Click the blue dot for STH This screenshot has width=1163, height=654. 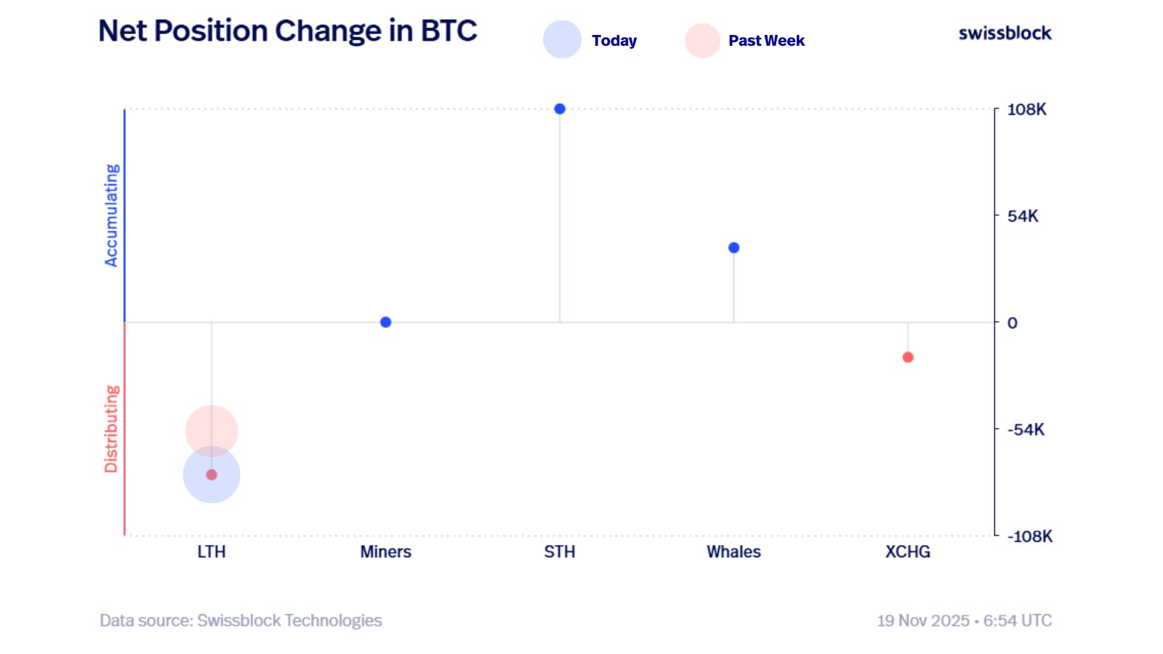560,109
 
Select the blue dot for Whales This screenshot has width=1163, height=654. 733,248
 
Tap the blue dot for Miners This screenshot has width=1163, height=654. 385,322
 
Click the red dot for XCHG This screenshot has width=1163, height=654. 908,357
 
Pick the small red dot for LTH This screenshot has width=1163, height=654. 212,475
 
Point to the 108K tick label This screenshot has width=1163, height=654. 1026,110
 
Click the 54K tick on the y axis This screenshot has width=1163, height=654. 1023,216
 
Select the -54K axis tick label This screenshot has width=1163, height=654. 1026,429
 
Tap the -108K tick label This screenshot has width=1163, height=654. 1029,536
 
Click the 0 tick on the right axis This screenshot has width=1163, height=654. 1012,323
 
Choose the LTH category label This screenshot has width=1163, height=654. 212,552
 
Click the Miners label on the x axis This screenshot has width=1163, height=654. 385,552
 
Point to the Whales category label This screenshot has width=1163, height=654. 733,552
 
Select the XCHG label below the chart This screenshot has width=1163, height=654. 907,552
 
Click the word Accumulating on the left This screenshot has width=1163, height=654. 111,215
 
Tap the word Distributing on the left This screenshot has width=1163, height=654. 111,429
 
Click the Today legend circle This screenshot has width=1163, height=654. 562,39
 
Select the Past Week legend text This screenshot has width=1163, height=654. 766,41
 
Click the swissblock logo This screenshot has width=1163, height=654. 1005,33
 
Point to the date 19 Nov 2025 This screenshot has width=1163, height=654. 923,621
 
